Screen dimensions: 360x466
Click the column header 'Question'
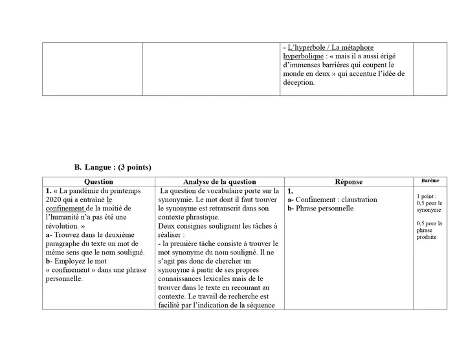pos(98,182)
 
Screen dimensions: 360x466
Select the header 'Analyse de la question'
pos(219,182)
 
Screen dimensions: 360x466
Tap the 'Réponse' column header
pos(349,182)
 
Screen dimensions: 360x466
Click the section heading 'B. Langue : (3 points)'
pos(113,168)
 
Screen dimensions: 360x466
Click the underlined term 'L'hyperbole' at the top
pos(308,47)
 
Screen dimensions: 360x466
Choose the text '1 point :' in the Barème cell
pos(427,196)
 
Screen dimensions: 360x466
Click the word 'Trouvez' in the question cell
pos(69,235)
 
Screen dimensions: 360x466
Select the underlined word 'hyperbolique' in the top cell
pos(302,56)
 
